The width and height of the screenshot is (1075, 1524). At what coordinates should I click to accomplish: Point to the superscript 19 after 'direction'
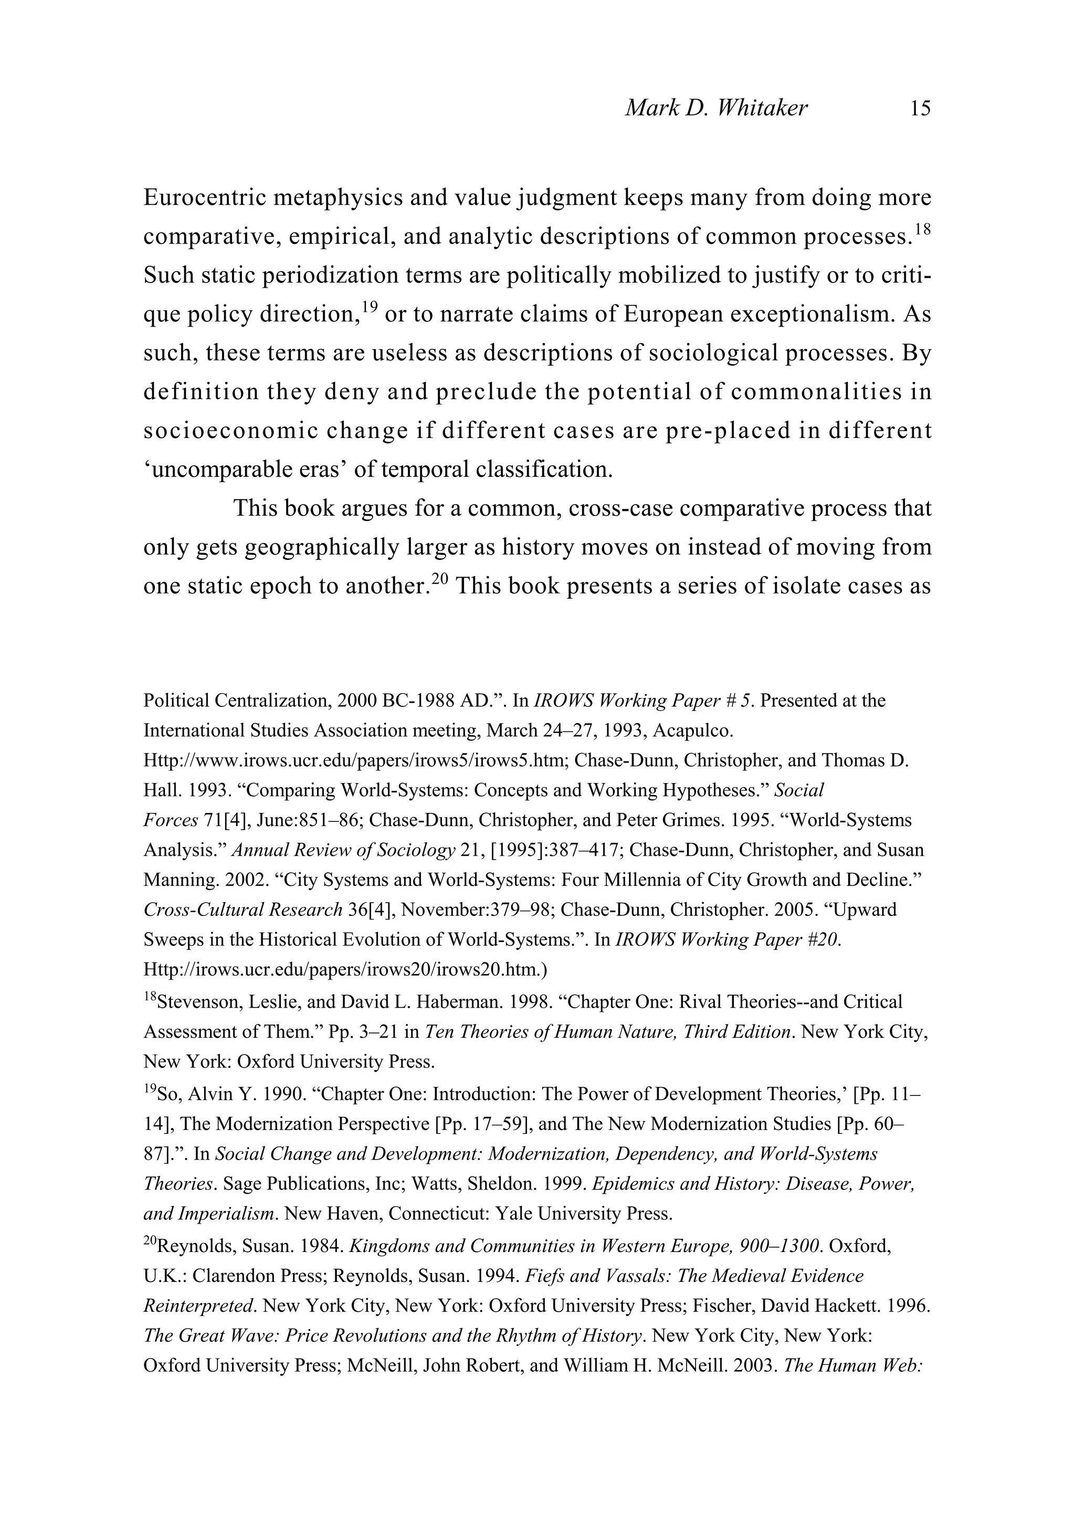point(369,307)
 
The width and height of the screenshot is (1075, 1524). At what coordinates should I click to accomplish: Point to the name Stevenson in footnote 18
point(198,1001)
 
